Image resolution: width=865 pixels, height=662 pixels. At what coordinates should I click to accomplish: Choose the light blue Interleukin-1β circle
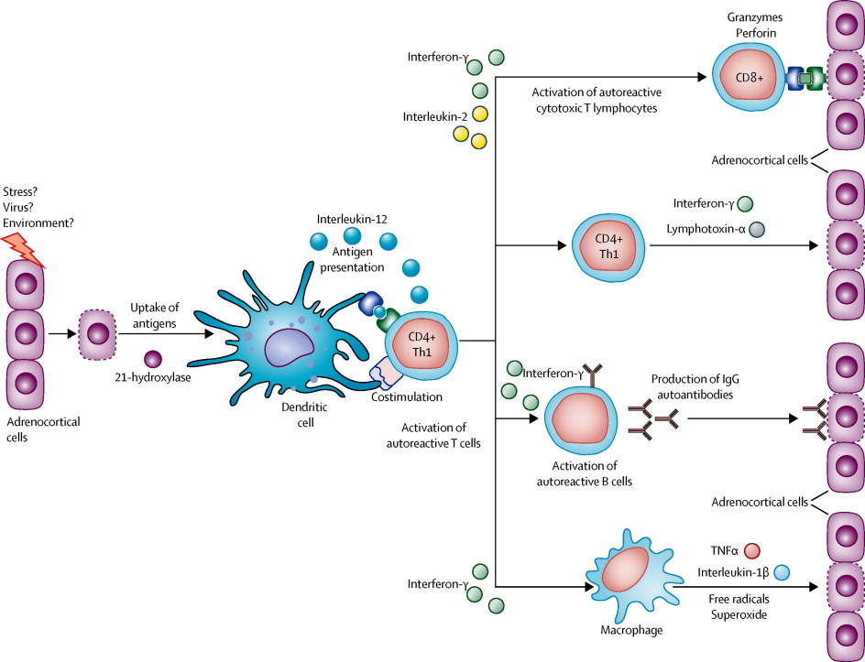pyautogui.click(x=782, y=573)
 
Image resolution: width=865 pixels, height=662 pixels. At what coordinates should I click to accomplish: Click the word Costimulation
pyautogui.click(x=408, y=396)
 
